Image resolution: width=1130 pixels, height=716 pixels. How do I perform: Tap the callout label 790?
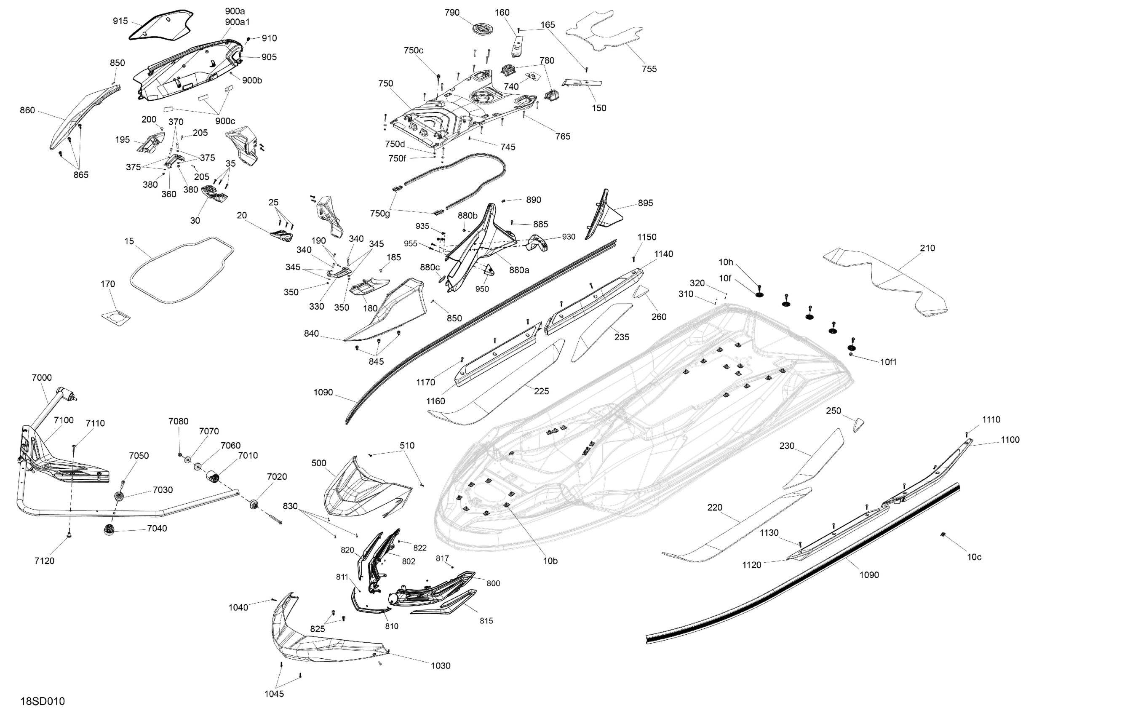(x=452, y=13)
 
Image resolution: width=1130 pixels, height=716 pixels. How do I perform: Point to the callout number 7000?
(x=42, y=378)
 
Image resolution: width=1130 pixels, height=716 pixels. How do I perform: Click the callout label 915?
(x=120, y=21)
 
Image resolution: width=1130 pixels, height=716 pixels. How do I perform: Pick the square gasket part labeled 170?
(x=115, y=318)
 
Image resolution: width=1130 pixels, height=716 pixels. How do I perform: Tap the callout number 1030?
(x=440, y=666)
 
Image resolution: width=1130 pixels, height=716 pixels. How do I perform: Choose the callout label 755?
(x=649, y=69)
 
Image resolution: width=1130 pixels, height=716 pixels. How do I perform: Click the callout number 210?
(x=927, y=248)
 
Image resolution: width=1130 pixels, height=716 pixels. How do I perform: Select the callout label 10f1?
(x=888, y=362)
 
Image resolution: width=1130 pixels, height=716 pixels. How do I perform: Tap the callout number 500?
(x=319, y=463)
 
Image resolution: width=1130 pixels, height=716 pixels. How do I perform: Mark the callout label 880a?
(x=519, y=270)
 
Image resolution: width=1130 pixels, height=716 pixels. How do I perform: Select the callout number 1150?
(x=646, y=238)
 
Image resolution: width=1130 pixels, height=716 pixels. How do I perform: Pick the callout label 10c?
(x=974, y=557)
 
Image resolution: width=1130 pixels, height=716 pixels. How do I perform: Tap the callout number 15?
(x=129, y=241)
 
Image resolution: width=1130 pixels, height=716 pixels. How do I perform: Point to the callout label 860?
(x=27, y=110)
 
